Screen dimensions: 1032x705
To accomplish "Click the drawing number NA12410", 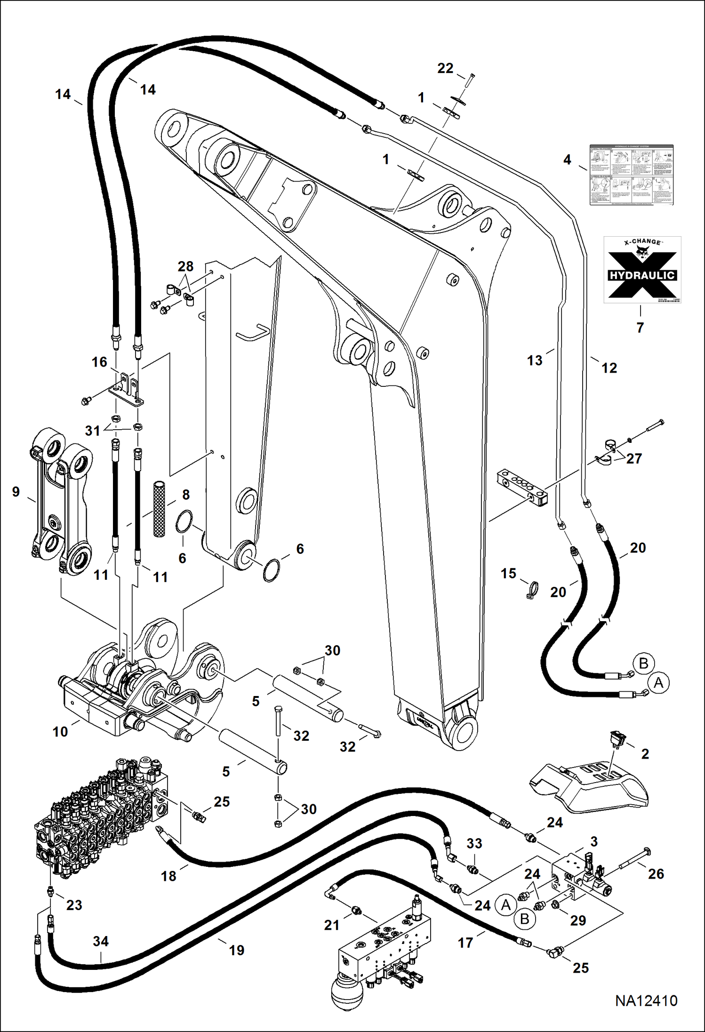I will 646,1013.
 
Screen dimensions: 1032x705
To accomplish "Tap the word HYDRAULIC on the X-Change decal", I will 642,275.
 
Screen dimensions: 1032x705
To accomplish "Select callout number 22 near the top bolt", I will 445,69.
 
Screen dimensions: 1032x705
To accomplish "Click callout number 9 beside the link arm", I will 16,492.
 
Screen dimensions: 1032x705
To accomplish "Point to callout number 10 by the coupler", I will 60,731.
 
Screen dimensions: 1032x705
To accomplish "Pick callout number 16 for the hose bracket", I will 99,362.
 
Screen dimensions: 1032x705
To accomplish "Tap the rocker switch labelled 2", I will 613,742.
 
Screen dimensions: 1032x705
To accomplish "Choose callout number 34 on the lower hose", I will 101,941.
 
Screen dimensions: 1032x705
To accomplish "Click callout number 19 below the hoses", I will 236,950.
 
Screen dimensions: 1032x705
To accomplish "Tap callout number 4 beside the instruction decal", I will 567,160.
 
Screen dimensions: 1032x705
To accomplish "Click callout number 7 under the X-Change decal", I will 640,328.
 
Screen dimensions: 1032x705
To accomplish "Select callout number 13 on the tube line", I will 535,360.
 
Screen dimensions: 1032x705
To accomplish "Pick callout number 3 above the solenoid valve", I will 593,841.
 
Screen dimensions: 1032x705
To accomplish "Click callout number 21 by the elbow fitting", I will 332,925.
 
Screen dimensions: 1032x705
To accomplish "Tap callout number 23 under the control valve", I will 74,905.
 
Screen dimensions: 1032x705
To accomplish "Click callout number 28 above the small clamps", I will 185,266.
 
